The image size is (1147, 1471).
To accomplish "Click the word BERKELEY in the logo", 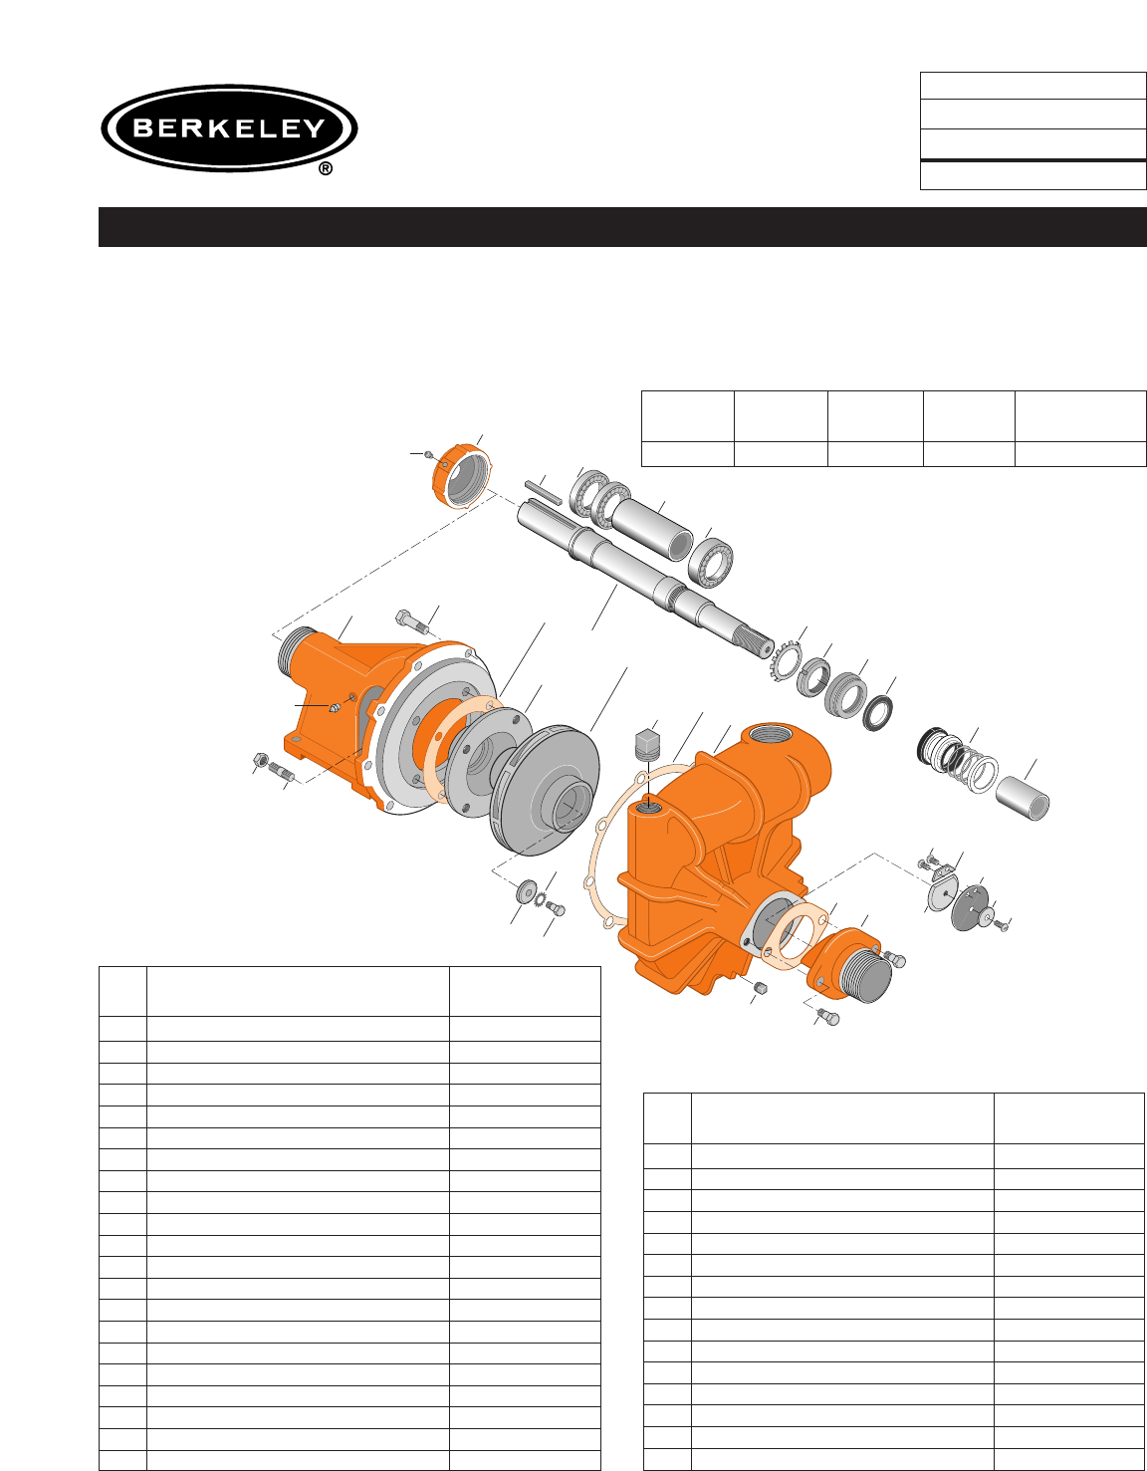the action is coord(229,127).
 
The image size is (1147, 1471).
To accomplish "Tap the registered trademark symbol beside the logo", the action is coord(326,169).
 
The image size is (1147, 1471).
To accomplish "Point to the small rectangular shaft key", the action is coord(544,492).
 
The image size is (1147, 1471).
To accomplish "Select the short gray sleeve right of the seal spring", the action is coord(1023,798).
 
